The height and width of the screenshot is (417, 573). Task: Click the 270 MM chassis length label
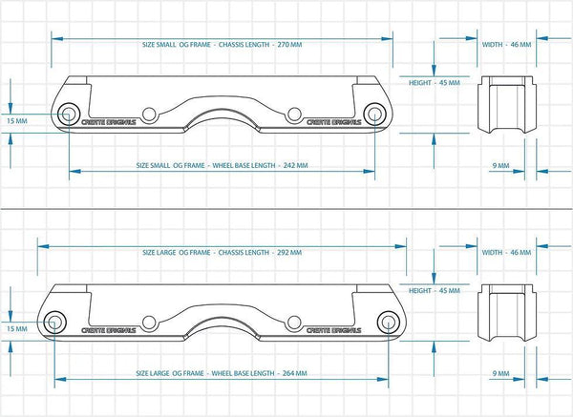[x=223, y=45]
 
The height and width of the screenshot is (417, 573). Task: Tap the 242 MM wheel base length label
[x=223, y=165]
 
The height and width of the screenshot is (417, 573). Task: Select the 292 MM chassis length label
[x=223, y=252]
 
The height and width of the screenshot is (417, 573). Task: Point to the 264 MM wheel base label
[x=222, y=373]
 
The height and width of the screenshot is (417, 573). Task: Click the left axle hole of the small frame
[x=68, y=114]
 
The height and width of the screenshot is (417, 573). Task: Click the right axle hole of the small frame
[x=374, y=114]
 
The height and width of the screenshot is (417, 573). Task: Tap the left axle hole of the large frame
[x=54, y=323]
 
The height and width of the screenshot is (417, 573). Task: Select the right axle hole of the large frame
[x=388, y=323]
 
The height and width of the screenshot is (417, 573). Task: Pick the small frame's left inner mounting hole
[x=149, y=115]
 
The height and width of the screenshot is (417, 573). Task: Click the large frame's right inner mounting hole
[x=293, y=323]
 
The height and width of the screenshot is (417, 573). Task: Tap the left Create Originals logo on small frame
[x=109, y=122]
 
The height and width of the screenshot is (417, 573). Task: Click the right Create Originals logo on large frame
[x=333, y=330]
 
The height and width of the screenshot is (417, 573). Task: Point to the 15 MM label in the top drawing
[x=17, y=121]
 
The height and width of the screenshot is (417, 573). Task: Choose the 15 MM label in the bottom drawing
[x=17, y=328]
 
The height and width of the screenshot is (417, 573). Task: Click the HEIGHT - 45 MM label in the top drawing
[x=435, y=83]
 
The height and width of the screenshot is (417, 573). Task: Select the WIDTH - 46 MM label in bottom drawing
[x=506, y=252]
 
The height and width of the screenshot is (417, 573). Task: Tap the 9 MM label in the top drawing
[x=500, y=165]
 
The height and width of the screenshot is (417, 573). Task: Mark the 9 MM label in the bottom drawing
[x=500, y=373]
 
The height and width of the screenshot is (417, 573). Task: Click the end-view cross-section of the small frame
[x=507, y=105]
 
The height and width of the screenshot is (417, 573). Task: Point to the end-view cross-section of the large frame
[x=507, y=313]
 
